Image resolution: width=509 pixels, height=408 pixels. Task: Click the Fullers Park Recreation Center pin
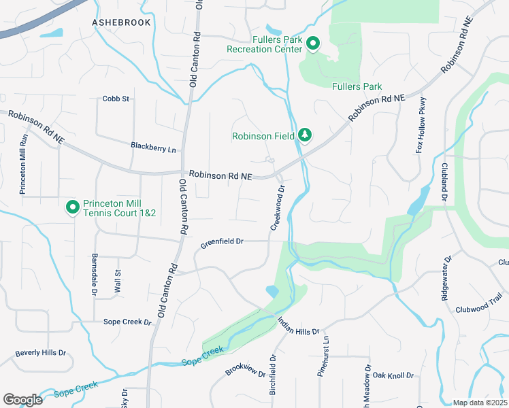pos(313,44)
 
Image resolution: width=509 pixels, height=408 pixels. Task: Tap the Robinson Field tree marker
pos(306,135)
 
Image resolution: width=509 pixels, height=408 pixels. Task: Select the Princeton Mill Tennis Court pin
pos(71,207)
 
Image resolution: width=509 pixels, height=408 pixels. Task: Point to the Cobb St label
pos(116,99)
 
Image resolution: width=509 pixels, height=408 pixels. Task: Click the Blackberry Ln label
pos(153,146)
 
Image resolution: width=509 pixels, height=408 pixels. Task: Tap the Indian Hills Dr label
pos(298,326)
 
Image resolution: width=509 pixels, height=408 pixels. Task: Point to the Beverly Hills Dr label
pos(40,353)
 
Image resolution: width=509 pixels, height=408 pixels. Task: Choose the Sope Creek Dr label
pos(127,321)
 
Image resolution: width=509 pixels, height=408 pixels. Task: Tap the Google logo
pos(22,399)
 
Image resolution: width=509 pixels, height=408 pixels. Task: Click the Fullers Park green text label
pos(357,86)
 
